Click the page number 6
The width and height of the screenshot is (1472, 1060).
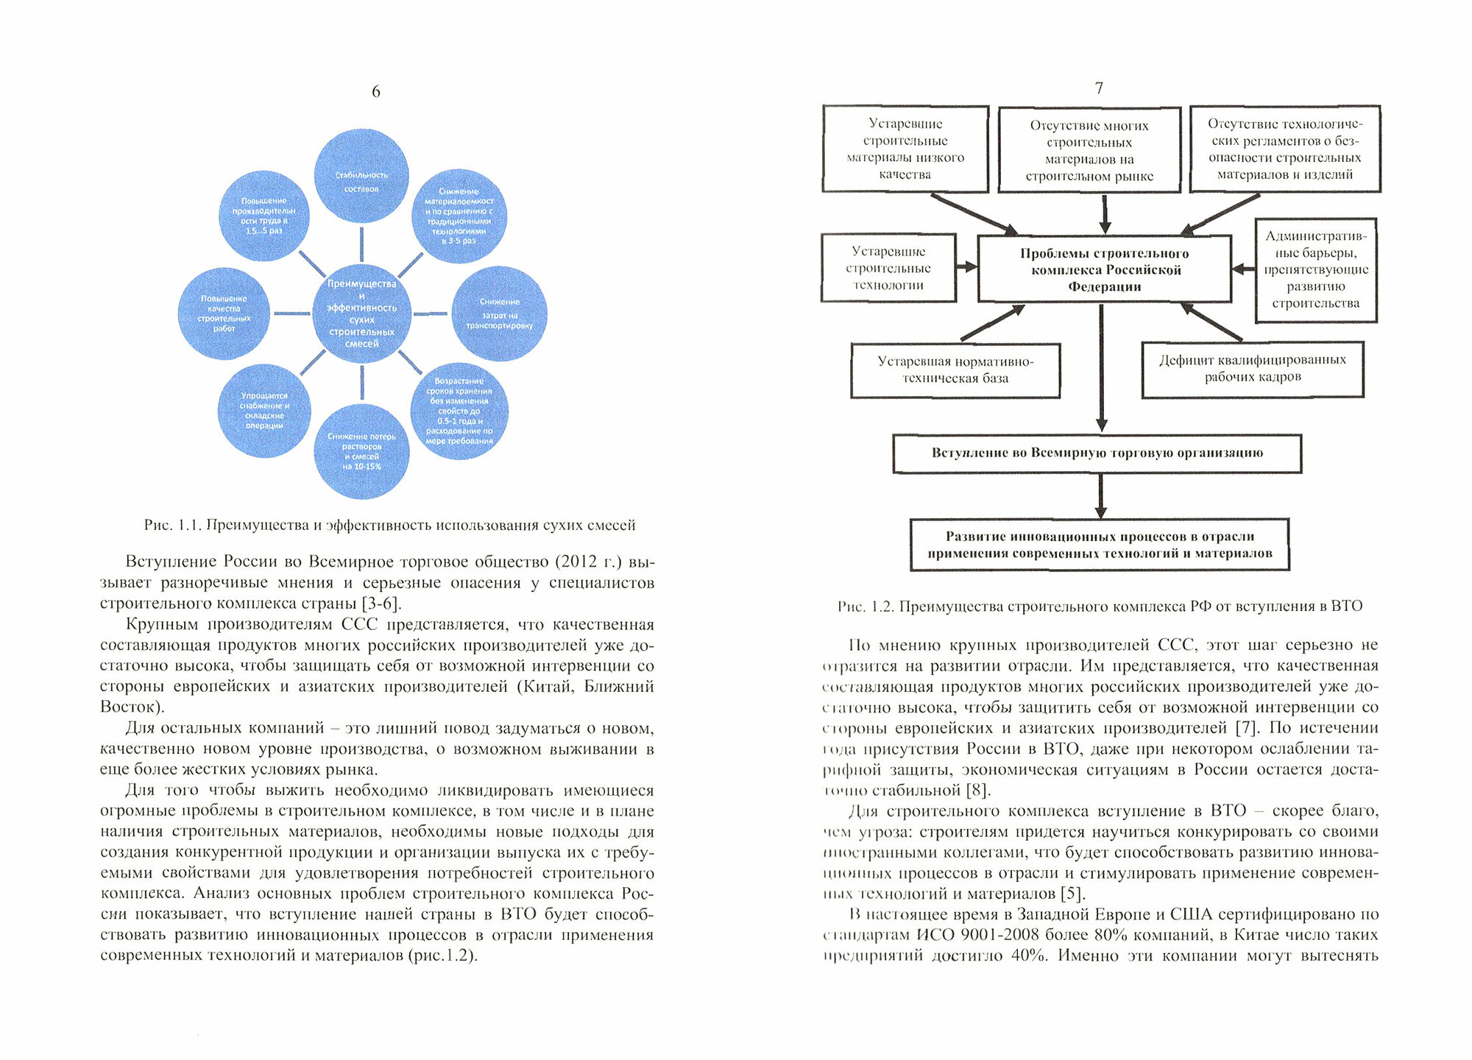coord(375,92)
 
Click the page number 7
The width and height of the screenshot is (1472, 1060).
coord(1099,88)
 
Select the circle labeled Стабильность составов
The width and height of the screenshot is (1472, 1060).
coord(361,176)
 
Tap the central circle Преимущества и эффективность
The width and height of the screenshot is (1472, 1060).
coord(361,314)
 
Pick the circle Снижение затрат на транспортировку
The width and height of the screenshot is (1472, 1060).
coord(500,314)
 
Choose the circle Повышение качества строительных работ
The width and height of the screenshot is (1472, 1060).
coord(224,314)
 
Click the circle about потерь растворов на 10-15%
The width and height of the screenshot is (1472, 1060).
coord(361,451)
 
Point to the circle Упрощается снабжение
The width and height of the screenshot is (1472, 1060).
coord(264,411)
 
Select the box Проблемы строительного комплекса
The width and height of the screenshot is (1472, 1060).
coord(1104,269)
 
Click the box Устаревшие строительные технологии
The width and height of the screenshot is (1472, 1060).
coord(888,268)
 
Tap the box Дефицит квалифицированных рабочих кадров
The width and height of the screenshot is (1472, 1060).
coord(1252,369)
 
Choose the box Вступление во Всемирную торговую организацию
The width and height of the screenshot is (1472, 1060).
coord(1097,453)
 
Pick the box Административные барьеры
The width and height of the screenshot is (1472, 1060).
coord(1315,269)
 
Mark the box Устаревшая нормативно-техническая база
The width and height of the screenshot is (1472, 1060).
coord(955,370)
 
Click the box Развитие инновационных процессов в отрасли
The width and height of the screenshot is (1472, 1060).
coord(1100,545)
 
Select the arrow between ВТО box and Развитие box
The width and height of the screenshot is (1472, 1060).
coord(1100,495)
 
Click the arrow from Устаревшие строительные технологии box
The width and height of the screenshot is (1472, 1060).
coord(966,267)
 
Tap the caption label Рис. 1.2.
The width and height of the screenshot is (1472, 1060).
coord(866,607)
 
